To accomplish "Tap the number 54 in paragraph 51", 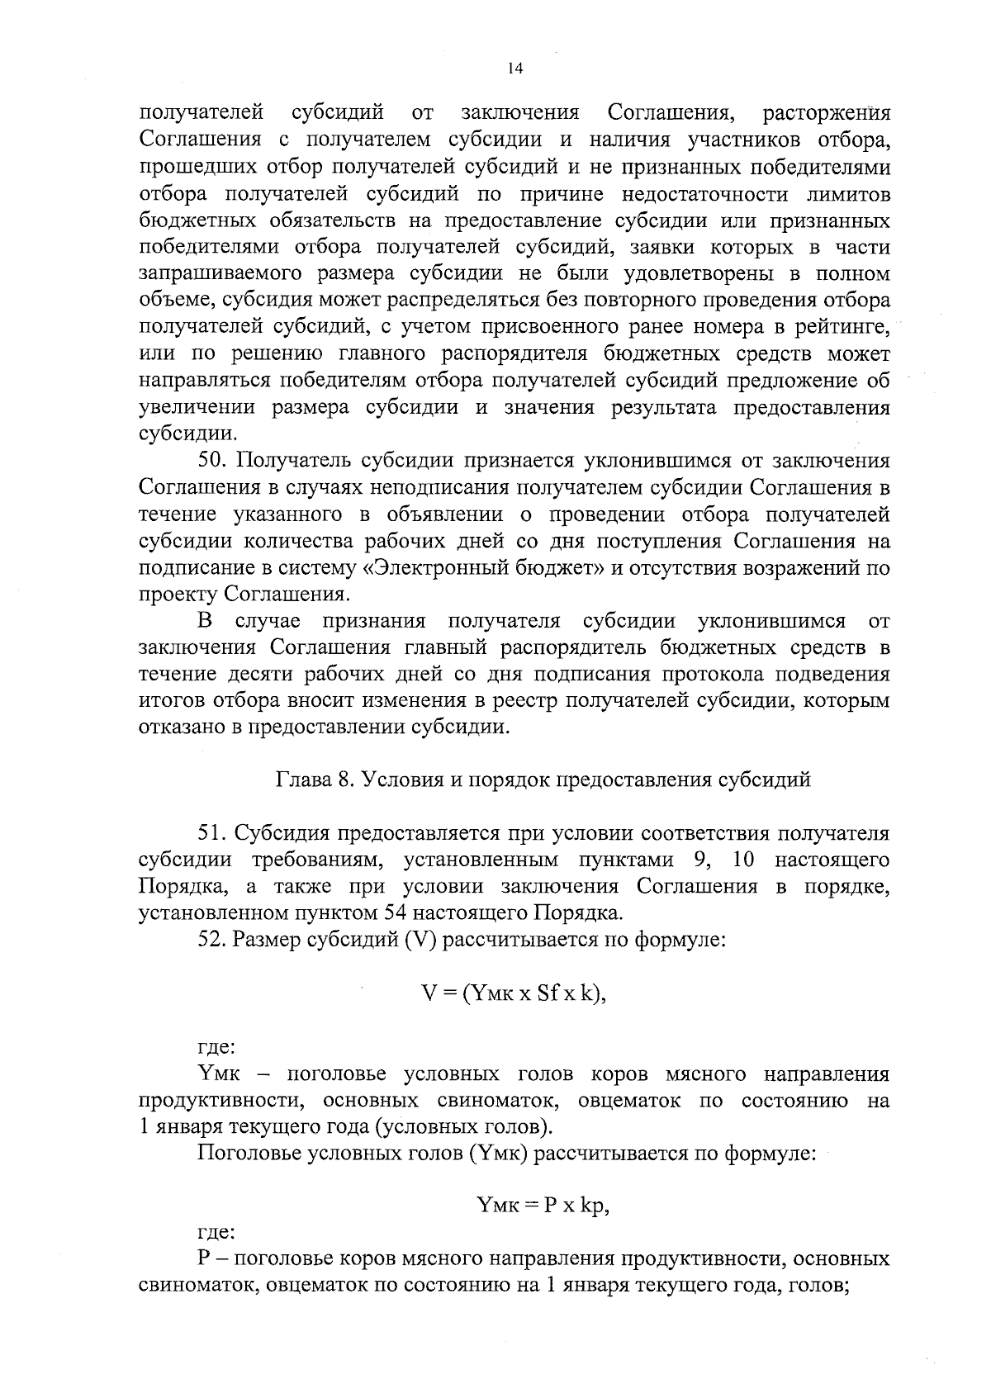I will point(395,913).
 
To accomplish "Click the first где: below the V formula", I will point(217,1048).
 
